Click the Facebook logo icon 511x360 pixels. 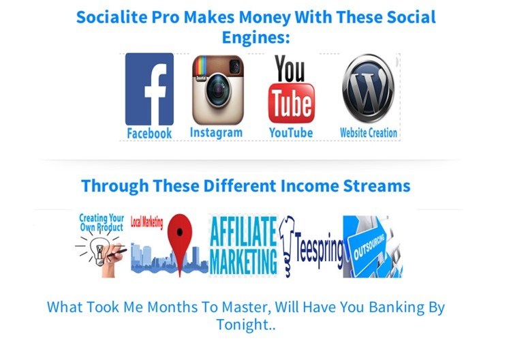[149, 89]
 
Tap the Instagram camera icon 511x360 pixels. [218, 90]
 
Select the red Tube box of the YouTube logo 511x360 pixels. [292, 104]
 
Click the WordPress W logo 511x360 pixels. [368, 89]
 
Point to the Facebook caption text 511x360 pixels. [149, 134]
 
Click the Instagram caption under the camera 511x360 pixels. [216, 133]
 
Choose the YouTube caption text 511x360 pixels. [291, 133]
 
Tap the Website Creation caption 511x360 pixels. [369, 133]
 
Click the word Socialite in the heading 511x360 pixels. [112, 17]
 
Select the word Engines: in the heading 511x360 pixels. [255, 37]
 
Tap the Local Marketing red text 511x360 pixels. [146, 223]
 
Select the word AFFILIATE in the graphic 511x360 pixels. [243, 231]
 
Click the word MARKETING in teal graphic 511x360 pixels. [243, 262]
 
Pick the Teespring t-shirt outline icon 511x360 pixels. [287, 247]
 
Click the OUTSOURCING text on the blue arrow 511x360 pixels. [369, 247]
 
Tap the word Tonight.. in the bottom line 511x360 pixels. [246, 325]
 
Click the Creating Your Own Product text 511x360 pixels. [102, 222]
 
